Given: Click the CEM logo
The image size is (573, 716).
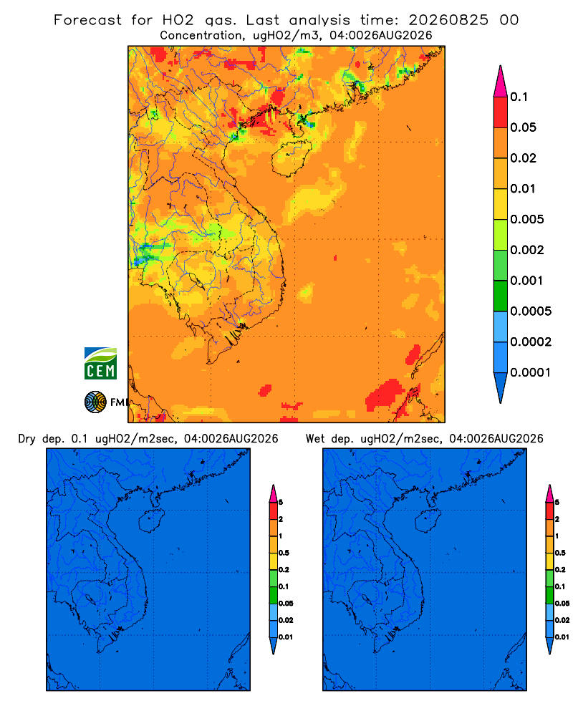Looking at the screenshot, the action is (x=100, y=363).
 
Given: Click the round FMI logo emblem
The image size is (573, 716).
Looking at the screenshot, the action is (x=95, y=402).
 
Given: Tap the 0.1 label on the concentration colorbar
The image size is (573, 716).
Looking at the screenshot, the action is (x=519, y=97).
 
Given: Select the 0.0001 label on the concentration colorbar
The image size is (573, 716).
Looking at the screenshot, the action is (x=531, y=372).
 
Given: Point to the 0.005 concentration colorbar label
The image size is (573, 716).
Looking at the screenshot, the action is (x=527, y=219).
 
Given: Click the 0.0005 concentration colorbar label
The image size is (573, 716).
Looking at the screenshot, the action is (x=531, y=311).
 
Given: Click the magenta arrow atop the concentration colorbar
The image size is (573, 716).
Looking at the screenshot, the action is (x=501, y=82).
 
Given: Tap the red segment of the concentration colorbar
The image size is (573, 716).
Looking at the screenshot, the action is (x=501, y=112).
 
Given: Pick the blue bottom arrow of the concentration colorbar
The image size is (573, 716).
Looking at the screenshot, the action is (x=501, y=387).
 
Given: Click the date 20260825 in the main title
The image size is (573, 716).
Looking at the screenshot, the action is (x=448, y=20).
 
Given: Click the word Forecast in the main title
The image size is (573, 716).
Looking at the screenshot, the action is (x=87, y=20).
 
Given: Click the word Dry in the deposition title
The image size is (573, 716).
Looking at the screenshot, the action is (x=27, y=439).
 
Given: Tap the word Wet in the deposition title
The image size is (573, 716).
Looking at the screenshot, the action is (x=315, y=439).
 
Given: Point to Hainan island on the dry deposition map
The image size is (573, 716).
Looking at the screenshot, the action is (x=151, y=521).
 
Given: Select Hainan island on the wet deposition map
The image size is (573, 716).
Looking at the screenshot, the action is (x=428, y=521).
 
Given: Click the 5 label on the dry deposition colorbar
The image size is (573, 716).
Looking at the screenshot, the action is (x=281, y=503).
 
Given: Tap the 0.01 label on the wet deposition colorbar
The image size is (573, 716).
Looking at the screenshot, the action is (x=562, y=637).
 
